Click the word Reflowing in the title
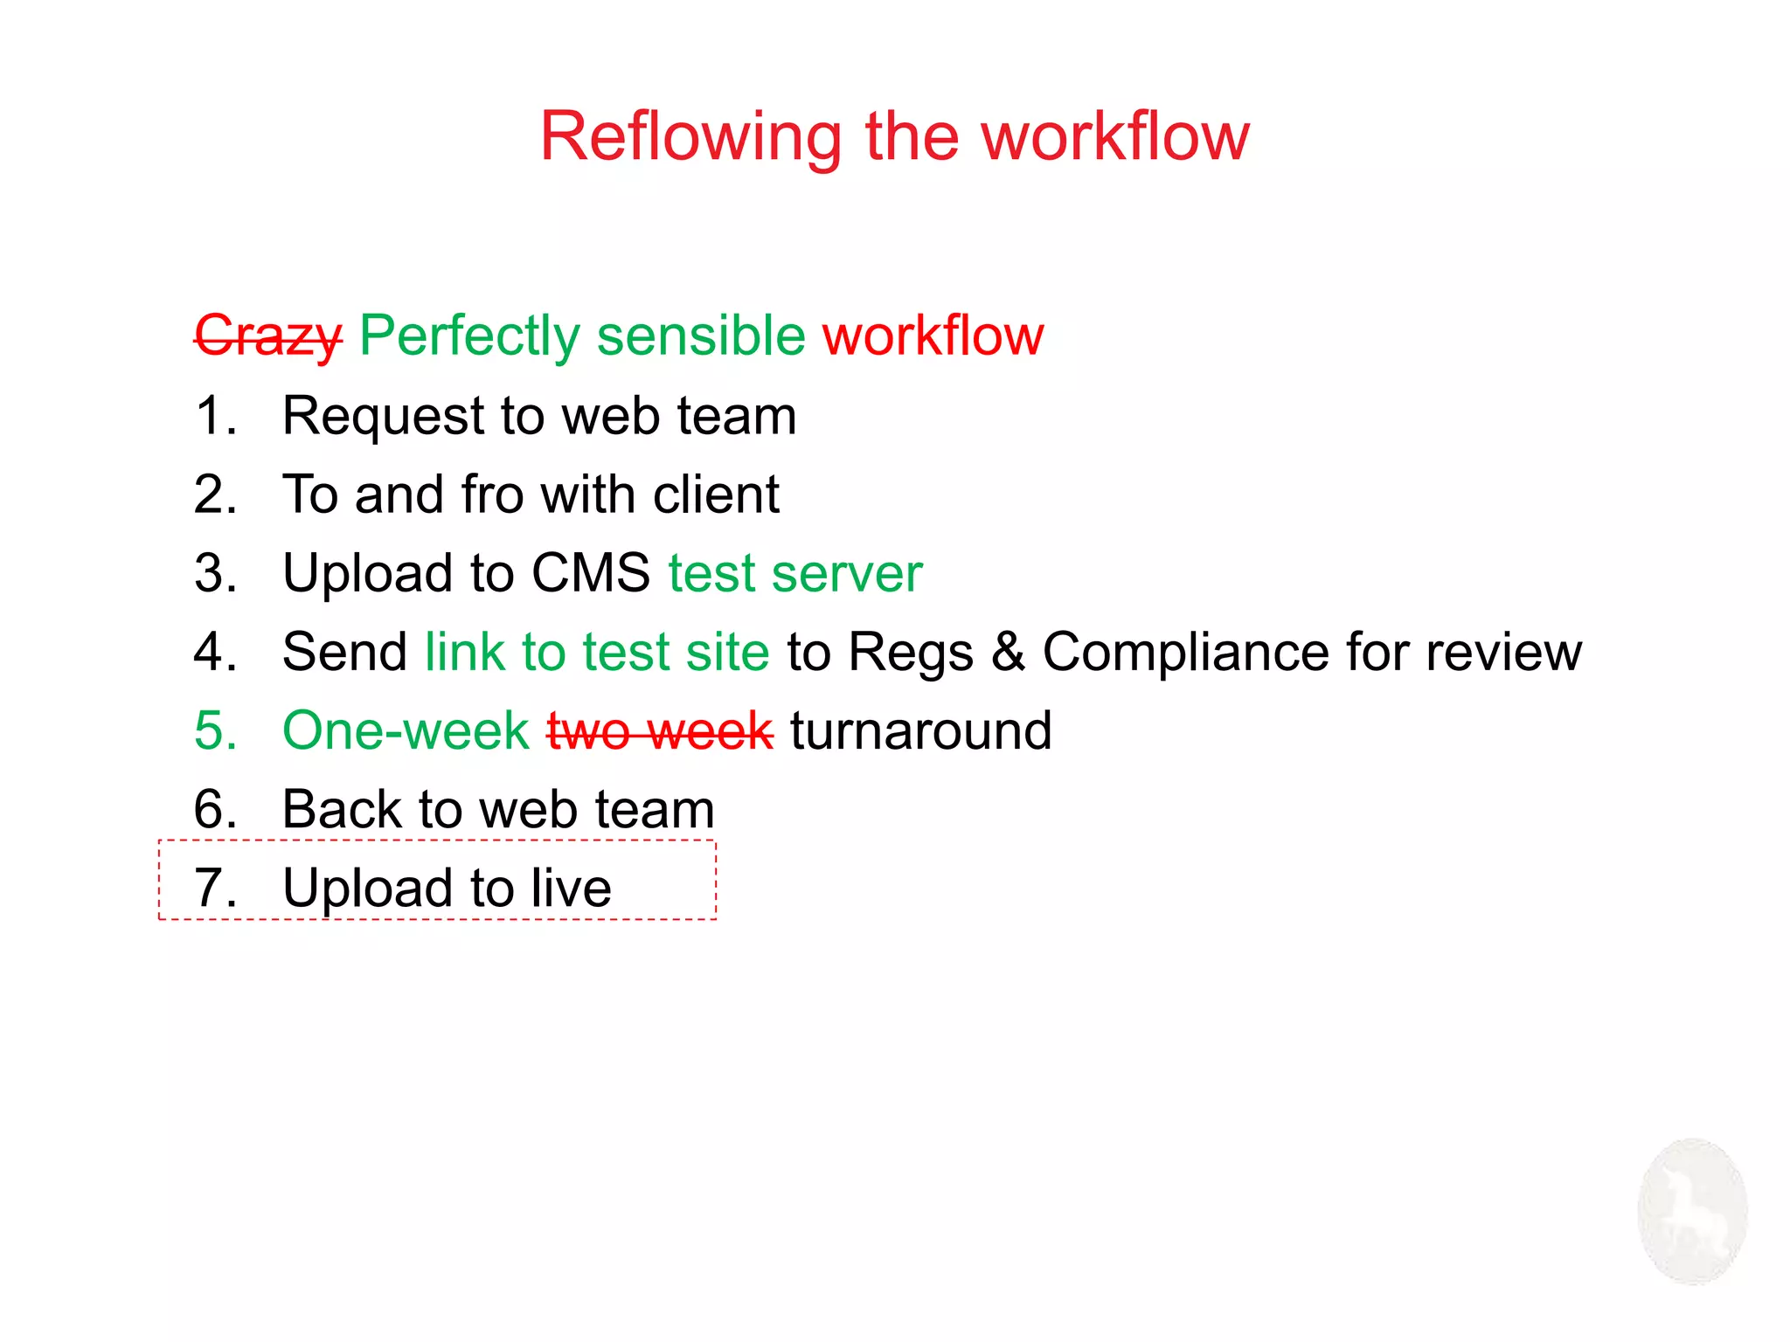click(x=690, y=138)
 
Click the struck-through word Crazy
click(x=268, y=336)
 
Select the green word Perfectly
click(x=469, y=336)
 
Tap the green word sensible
click(x=700, y=336)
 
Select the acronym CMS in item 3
click(x=591, y=574)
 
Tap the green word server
click(x=847, y=574)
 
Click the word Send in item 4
click(x=345, y=653)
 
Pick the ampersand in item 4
click(x=1008, y=653)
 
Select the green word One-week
click(x=406, y=731)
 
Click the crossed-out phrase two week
click(x=660, y=731)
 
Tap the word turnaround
click(x=921, y=731)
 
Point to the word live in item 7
click(x=572, y=889)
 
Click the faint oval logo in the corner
click(x=1692, y=1211)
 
